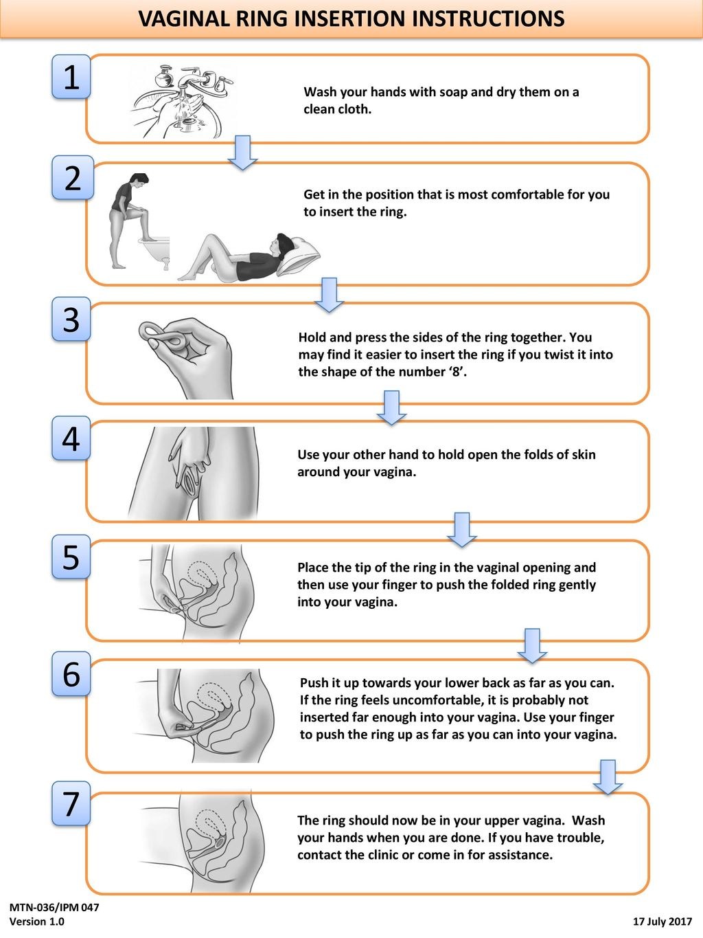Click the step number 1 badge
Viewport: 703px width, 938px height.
pos(71,77)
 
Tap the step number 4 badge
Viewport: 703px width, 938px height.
pos(71,438)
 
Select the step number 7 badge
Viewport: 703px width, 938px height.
pos(71,803)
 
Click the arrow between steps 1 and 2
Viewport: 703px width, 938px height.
pos(242,153)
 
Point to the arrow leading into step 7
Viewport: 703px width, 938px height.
pos(608,777)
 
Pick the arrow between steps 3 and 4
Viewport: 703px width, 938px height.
pos(392,407)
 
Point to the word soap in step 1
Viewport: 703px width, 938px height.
pos(453,92)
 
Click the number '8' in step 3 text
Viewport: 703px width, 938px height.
pos(458,372)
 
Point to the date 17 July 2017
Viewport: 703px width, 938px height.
pos(662,921)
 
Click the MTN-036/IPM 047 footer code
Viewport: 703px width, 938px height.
pos(54,907)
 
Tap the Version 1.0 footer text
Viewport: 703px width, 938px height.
pos(36,921)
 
